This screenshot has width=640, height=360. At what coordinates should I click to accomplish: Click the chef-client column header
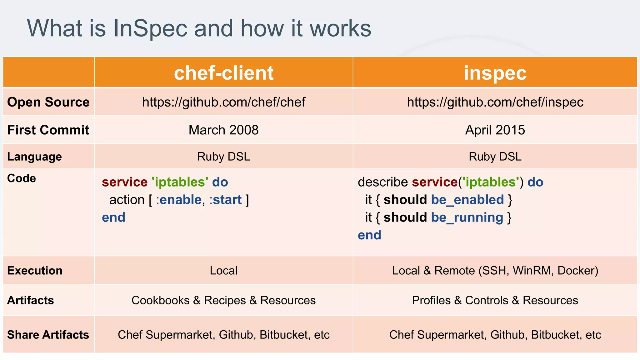pos(224,73)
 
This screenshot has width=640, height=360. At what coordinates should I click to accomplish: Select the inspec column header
pos(495,73)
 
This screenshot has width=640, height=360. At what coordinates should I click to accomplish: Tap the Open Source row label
pos(48,102)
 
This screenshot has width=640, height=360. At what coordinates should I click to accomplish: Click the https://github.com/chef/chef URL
pos(224,102)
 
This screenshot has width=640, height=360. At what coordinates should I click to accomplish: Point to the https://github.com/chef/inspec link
pos(495,102)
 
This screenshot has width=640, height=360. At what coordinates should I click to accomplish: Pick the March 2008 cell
pos(224,130)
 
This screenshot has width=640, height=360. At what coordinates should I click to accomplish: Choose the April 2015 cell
pos(495,130)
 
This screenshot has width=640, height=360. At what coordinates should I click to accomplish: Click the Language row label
pos(34,157)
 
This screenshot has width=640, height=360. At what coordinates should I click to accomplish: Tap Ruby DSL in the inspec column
pos(495,157)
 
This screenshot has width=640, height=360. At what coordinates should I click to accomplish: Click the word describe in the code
pos(383,182)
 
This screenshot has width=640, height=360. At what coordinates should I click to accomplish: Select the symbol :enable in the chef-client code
pos(179,200)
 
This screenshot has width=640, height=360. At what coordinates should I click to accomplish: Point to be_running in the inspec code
pos(467,217)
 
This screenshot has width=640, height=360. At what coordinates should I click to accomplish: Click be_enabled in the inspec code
pos(467,200)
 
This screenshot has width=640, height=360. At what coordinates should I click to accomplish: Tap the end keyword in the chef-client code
pos(113,217)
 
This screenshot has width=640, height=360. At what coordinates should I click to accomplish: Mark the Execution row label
pos(35,271)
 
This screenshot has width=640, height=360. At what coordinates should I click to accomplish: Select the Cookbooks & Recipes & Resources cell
pos(224,300)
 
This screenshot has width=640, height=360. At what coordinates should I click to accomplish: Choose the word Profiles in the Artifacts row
pos(431,300)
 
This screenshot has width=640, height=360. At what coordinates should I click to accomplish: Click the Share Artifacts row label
pos(48,335)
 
